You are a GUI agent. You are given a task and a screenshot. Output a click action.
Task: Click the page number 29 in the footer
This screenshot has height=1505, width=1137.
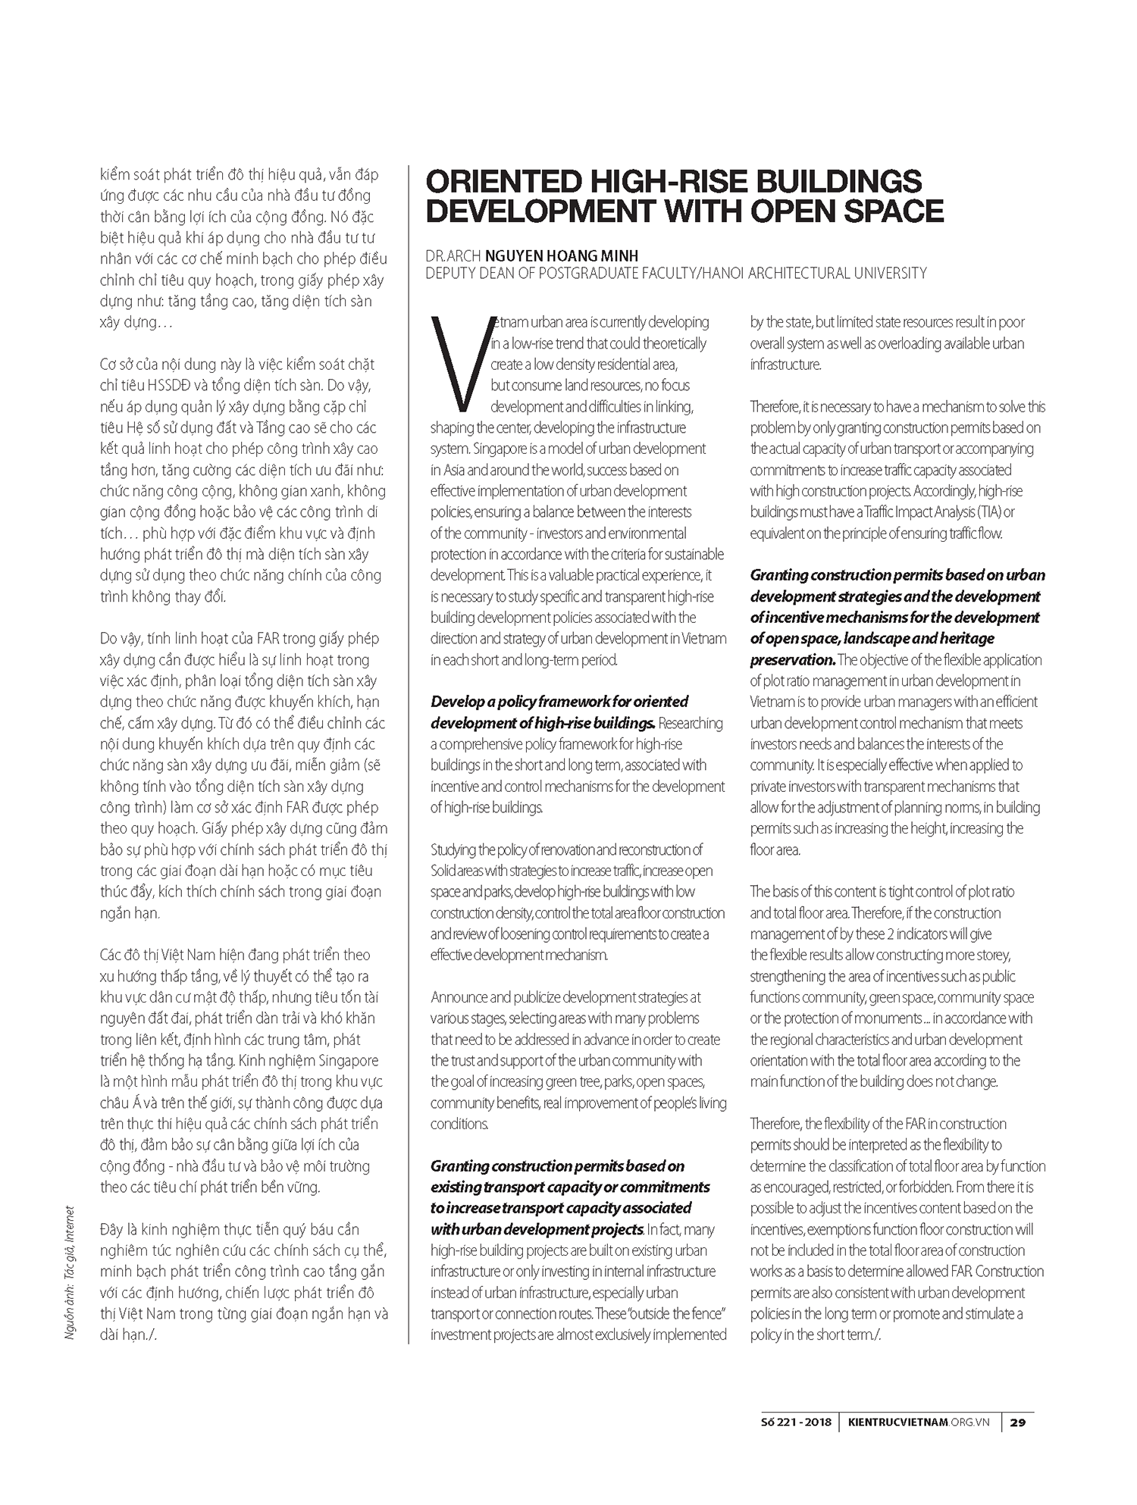(x=1018, y=1422)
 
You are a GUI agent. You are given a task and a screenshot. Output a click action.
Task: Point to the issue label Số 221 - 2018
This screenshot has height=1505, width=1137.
(x=796, y=1422)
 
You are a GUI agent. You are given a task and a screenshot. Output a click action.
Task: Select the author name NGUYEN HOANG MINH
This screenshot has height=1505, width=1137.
(x=562, y=256)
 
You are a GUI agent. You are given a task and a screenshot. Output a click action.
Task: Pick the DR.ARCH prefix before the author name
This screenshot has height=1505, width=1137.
(x=453, y=256)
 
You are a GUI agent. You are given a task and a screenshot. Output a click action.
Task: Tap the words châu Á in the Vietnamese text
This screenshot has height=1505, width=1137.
(x=123, y=1103)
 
